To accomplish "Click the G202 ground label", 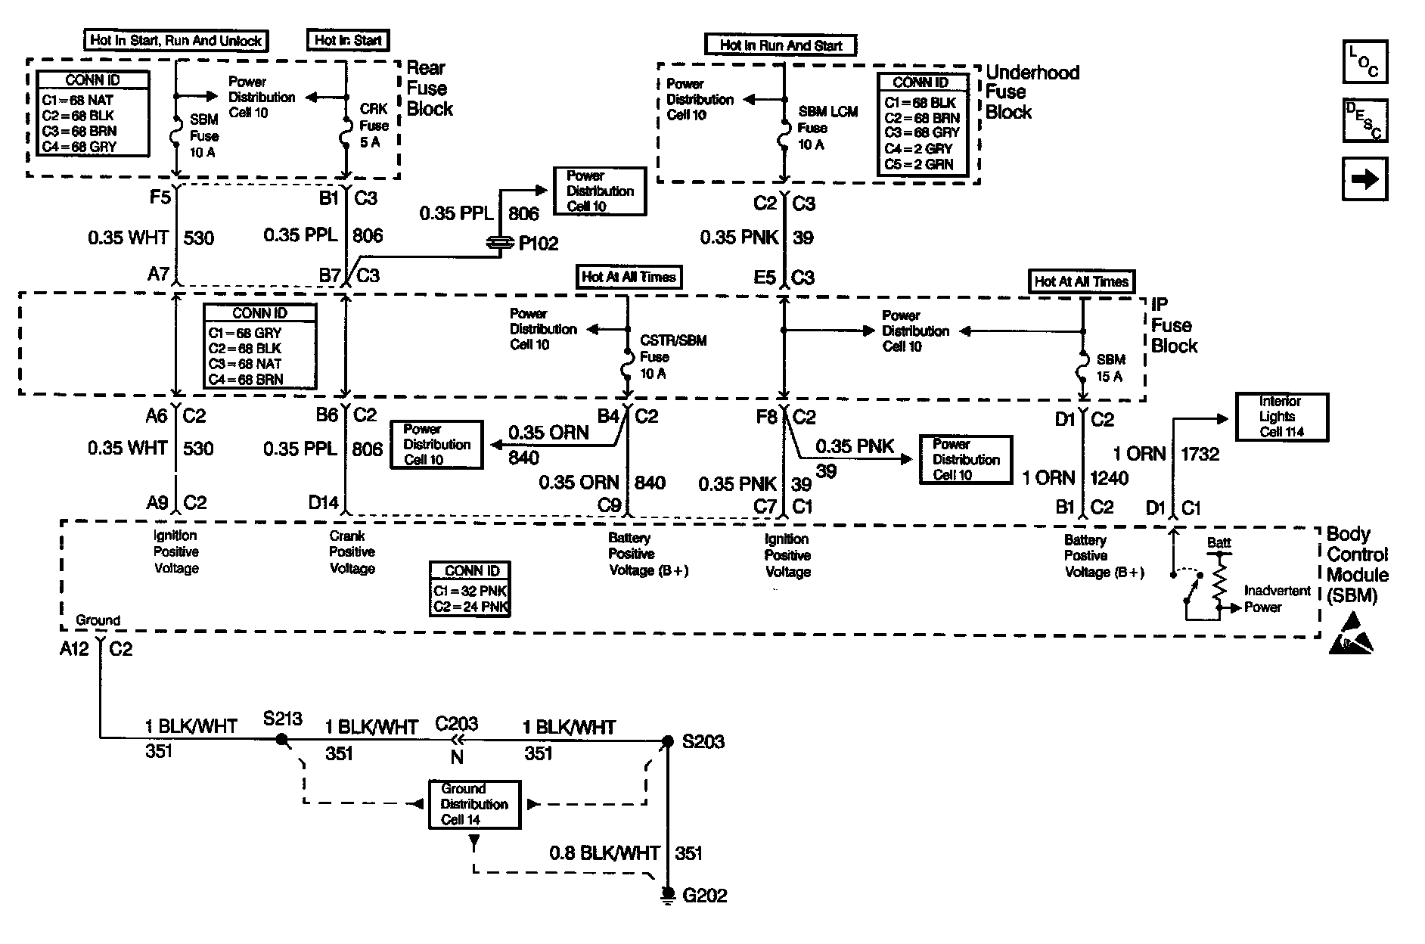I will click(x=704, y=896).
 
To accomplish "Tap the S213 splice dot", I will click(x=281, y=739).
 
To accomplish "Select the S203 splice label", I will click(x=703, y=741).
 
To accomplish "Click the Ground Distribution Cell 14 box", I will click(x=474, y=804).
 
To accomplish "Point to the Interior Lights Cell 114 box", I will click(x=1281, y=417).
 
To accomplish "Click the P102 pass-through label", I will click(x=538, y=244).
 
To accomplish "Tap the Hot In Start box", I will click(x=348, y=41).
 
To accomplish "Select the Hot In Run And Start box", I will click(x=781, y=45).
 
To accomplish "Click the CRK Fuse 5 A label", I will click(x=373, y=126).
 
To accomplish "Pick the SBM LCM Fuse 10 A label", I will click(x=827, y=128).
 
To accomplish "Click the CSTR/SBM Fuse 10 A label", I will click(x=672, y=357).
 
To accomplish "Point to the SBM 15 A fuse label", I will click(x=1110, y=368).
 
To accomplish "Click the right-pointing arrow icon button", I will click(x=1364, y=180).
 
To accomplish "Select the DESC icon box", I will click(x=1364, y=120).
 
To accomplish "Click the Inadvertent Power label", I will click(x=1277, y=598).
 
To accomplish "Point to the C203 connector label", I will click(x=456, y=723).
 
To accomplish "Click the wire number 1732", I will click(x=1200, y=454).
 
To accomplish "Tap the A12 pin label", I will click(x=74, y=649).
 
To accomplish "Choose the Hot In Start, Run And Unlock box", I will click(x=175, y=41).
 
